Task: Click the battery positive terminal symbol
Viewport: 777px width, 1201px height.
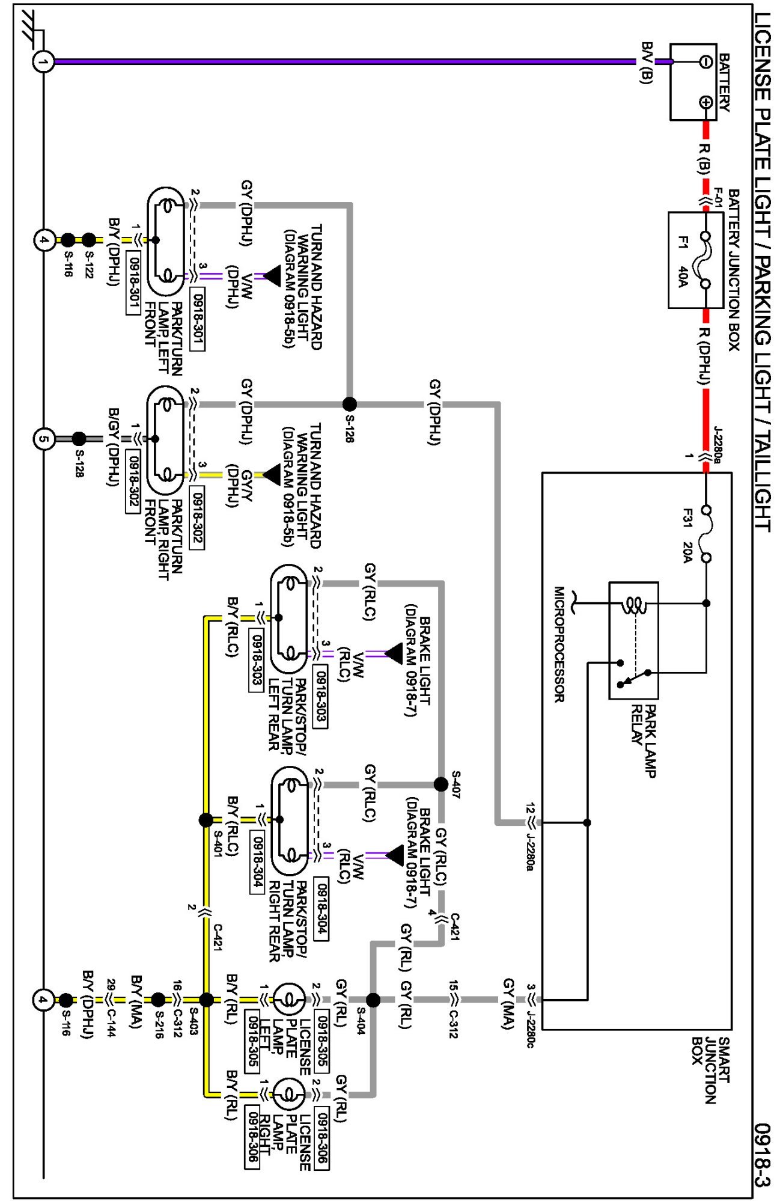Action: coord(706,102)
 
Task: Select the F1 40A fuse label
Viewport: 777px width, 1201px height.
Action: coord(683,261)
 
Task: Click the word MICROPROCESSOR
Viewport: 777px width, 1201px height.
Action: coord(559,644)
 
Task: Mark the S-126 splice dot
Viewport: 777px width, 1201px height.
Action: coord(349,404)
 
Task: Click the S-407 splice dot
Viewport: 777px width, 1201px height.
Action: coord(441,784)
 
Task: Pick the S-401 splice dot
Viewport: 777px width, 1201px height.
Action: coord(206,819)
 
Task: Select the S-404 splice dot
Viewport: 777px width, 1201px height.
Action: coord(373,1000)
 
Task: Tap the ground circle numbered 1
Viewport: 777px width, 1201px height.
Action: coord(43,61)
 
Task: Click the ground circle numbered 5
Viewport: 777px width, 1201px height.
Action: coord(43,439)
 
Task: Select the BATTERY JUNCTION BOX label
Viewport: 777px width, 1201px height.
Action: coord(733,270)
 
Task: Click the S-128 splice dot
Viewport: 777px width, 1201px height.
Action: coord(79,439)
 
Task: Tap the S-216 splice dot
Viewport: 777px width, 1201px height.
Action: coord(158,1000)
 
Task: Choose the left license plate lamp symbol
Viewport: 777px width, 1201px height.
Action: coord(290,1000)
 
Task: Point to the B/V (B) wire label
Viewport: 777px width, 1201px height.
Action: coord(647,63)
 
